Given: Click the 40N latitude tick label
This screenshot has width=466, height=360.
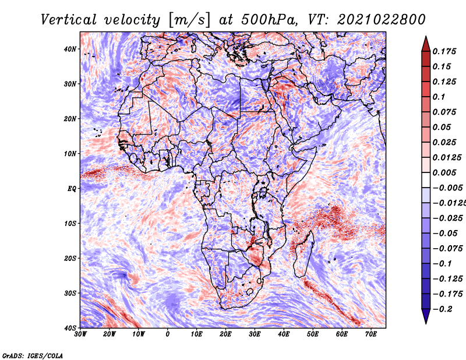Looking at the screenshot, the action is (x=70, y=49).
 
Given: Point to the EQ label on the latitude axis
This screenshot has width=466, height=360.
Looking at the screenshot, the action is (x=72, y=189).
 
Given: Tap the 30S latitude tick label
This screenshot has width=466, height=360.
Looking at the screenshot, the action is (x=70, y=294).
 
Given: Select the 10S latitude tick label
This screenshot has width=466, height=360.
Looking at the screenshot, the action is (x=70, y=224).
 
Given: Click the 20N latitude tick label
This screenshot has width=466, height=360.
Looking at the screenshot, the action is (x=70, y=119).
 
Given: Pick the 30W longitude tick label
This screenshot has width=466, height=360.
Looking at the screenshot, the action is (x=80, y=334).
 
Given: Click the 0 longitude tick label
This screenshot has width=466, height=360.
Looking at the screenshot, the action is (x=168, y=334).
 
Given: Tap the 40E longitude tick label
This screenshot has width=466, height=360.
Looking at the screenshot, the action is (x=284, y=334).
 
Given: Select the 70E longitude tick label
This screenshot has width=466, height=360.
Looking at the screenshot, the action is (x=371, y=334).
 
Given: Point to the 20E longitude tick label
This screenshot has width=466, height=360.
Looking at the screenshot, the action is (x=225, y=334).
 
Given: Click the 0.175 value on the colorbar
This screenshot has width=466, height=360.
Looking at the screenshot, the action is (x=444, y=51).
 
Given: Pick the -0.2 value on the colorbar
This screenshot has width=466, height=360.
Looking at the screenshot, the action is (x=443, y=309).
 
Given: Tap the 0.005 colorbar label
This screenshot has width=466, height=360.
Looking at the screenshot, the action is (x=444, y=172).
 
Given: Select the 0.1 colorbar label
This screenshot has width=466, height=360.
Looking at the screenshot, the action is (x=439, y=97).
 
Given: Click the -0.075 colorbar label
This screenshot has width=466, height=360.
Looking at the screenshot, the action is (x=448, y=249).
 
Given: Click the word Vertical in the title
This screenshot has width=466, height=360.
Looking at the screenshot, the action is (x=69, y=20).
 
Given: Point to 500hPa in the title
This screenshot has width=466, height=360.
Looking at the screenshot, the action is (x=269, y=20).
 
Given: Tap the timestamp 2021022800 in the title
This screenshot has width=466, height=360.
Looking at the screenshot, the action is (x=382, y=20).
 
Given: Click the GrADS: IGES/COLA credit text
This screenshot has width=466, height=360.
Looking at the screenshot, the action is (x=33, y=355).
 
